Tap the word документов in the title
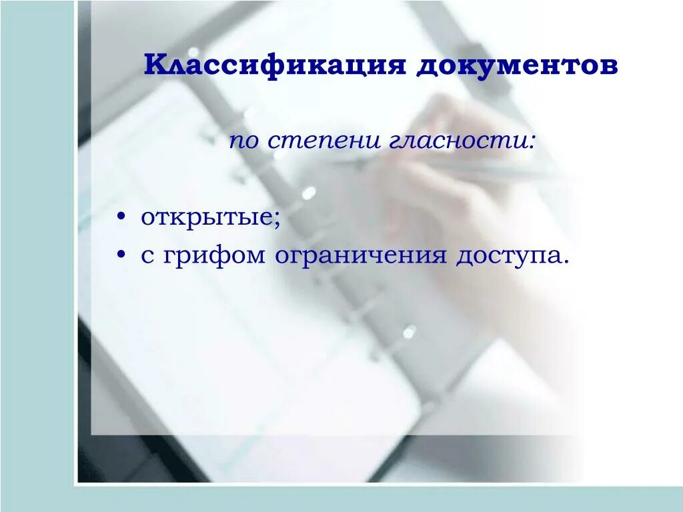click(517, 66)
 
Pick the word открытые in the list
click(207, 219)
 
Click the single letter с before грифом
click(147, 256)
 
